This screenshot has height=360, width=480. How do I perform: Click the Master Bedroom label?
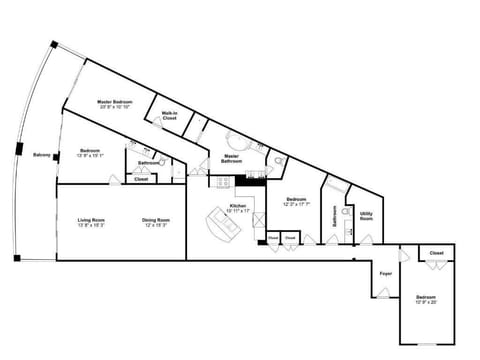[x=116, y=101]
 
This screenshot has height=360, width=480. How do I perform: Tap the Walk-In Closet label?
[x=169, y=116]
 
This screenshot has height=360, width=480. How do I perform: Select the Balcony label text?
[x=42, y=155]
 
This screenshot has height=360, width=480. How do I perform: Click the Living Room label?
[x=92, y=220]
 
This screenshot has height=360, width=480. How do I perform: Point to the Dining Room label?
[x=155, y=220]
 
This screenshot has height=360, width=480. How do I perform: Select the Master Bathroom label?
[x=231, y=158]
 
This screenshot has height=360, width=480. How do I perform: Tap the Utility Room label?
[x=366, y=214]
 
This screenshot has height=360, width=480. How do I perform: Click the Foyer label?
[x=384, y=272]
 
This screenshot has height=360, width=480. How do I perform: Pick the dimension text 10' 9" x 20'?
[x=426, y=302]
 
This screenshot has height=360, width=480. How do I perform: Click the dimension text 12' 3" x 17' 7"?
[x=296, y=204]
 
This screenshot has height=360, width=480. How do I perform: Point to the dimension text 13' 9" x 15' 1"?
[x=92, y=155]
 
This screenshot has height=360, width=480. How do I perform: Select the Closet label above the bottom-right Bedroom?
[x=436, y=254]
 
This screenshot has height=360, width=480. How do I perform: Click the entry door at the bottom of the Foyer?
[x=381, y=295]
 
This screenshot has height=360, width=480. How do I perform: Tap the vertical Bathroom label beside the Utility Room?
[x=333, y=216]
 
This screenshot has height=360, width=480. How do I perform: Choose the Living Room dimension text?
[x=92, y=225]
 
